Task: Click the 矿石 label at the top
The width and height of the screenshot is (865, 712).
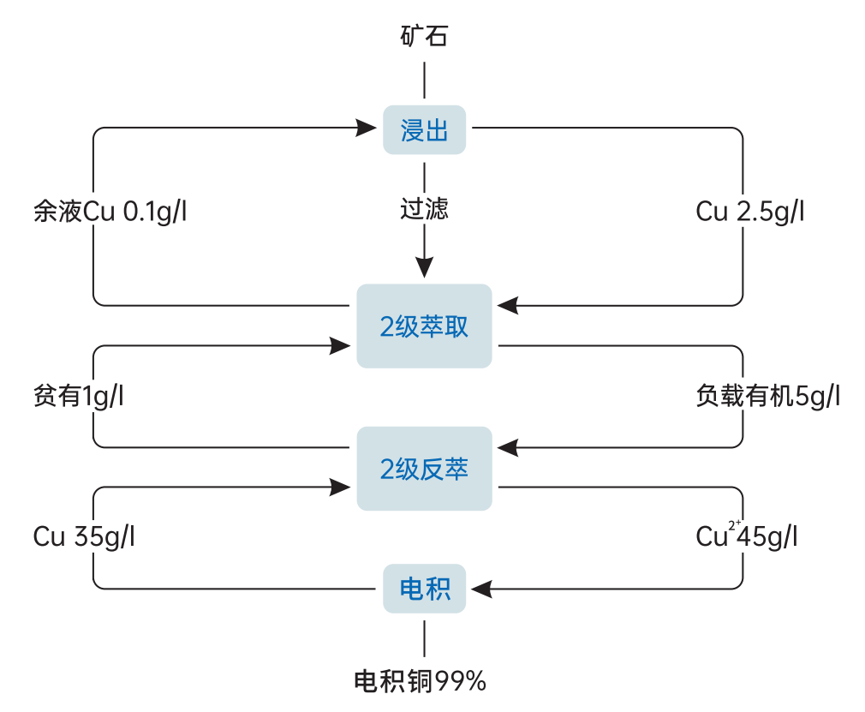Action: click(x=424, y=36)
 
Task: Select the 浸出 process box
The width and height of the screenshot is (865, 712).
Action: click(x=424, y=130)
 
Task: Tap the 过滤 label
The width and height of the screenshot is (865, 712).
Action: click(x=424, y=209)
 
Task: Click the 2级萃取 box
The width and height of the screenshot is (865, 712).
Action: click(x=424, y=326)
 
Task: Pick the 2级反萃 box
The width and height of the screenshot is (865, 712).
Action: click(x=424, y=469)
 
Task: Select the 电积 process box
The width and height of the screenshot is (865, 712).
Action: click(x=424, y=589)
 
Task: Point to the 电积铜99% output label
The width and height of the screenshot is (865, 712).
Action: click(x=421, y=682)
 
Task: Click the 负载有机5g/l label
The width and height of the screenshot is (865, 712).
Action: click(x=768, y=397)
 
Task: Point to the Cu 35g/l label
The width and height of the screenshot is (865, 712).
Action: click(x=84, y=537)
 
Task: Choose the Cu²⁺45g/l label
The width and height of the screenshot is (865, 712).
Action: click(x=747, y=537)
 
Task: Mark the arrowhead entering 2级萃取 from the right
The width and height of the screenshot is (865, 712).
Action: click(x=508, y=305)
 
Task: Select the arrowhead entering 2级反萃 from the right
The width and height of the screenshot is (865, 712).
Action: click(x=508, y=446)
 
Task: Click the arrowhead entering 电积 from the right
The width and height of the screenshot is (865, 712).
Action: click(x=480, y=589)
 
